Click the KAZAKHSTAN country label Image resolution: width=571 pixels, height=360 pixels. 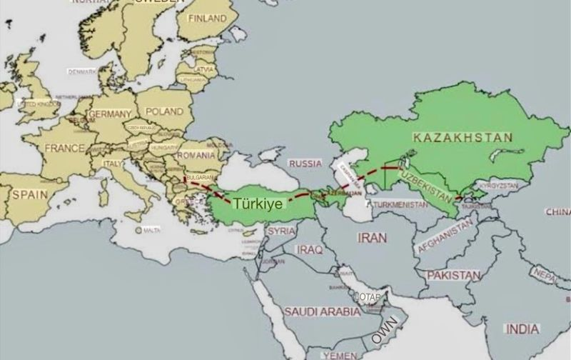pyautogui.click(x=463, y=136)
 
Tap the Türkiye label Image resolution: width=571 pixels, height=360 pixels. pyautogui.click(x=259, y=203)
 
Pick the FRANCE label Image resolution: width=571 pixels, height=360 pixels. pyautogui.click(x=65, y=148)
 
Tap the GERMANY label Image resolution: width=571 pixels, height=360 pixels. pyautogui.click(x=110, y=114)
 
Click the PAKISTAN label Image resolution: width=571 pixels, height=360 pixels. pyautogui.click(x=454, y=274)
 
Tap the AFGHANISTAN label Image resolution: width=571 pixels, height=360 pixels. pyautogui.click(x=443, y=236)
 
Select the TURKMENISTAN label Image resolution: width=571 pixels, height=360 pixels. pyautogui.click(x=400, y=205)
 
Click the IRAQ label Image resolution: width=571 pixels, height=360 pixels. pyautogui.click(x=310, y=250)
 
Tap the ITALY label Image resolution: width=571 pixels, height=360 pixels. pyautogui.click(x=113, y=164)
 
